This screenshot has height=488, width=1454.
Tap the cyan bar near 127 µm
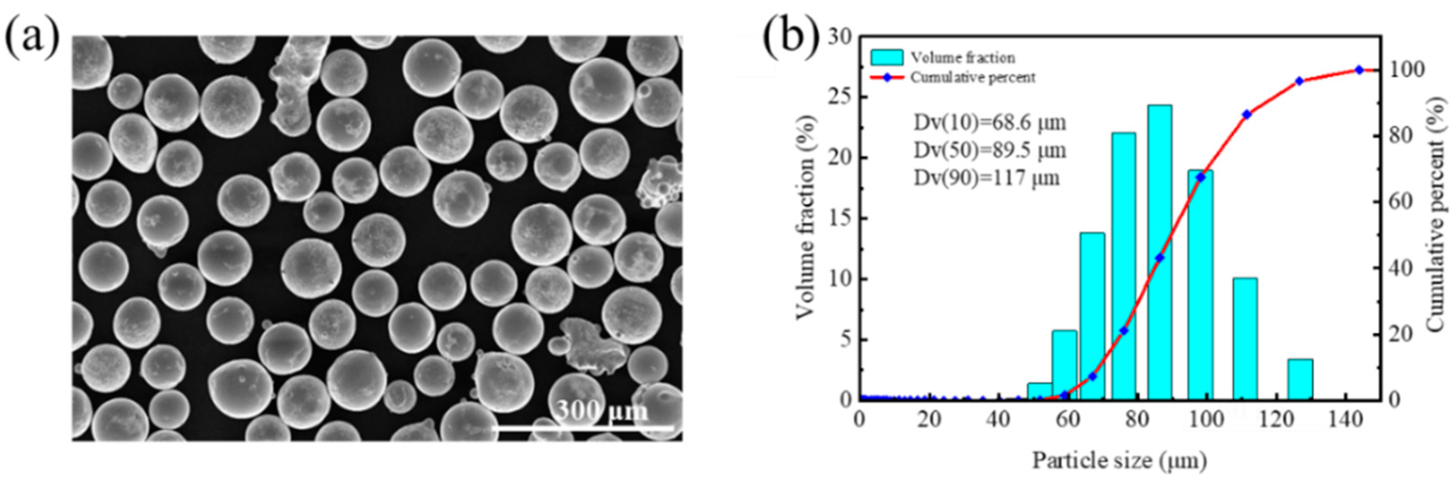point(1300,379)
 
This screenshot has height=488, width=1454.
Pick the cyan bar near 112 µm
point(1244,339)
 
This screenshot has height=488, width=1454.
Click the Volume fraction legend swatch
point(886,57)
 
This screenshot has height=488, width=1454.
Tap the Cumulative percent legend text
point(973,77)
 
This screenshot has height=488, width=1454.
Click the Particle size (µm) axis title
point(1120,461)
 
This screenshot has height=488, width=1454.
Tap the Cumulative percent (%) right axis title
point(1437,215)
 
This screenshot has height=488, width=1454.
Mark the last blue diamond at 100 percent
point(1358,70)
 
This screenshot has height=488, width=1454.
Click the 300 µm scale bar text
point(601,411)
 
